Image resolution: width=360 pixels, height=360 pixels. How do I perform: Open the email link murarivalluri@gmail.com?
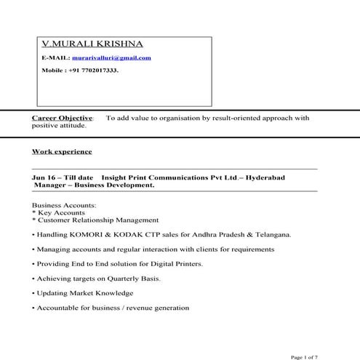pos(111,57)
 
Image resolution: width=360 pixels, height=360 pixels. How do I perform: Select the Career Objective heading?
pos(63,117)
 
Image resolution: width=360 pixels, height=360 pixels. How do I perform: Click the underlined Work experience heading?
pos(62,152)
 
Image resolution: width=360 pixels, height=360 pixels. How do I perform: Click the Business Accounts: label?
pos(64,205)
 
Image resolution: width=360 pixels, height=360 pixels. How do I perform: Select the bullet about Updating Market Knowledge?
pos(84,293)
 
